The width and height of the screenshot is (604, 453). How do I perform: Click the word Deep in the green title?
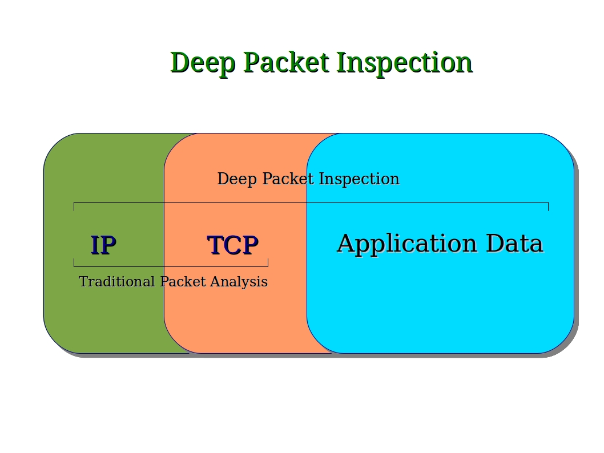point(202,63)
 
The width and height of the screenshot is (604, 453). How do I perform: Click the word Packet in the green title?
point(286,63)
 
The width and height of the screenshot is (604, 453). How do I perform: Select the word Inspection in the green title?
point(404,63)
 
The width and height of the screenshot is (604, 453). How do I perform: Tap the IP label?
point(103,245)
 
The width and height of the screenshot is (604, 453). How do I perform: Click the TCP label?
point(232,245)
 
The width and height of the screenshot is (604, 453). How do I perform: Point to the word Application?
point(407,244)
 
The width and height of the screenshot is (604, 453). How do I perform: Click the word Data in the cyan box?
point(514,244)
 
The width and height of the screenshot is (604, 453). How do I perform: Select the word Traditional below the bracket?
point(117,282)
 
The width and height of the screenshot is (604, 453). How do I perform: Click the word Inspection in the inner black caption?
point(359,179)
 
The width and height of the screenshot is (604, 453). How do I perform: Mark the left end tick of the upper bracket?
point(74,207)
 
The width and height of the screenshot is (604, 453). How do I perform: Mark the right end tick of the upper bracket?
point(548,207)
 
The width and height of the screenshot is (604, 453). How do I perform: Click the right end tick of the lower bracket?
point(268,262)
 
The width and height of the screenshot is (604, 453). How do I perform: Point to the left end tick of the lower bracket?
point(74,262)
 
